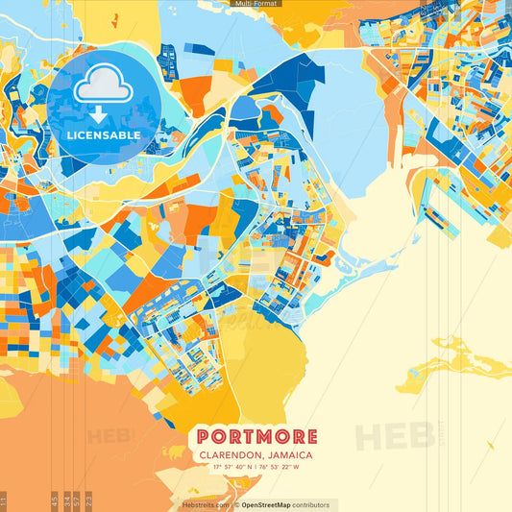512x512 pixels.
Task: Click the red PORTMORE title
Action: (256, 437)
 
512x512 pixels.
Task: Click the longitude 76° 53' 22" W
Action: (280, 468)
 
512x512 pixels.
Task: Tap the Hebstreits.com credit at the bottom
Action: (205, 504)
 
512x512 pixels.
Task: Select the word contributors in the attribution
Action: (311, 504)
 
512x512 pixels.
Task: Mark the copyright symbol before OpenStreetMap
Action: (236, 504)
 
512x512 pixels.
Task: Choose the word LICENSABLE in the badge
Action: (103, 135)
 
